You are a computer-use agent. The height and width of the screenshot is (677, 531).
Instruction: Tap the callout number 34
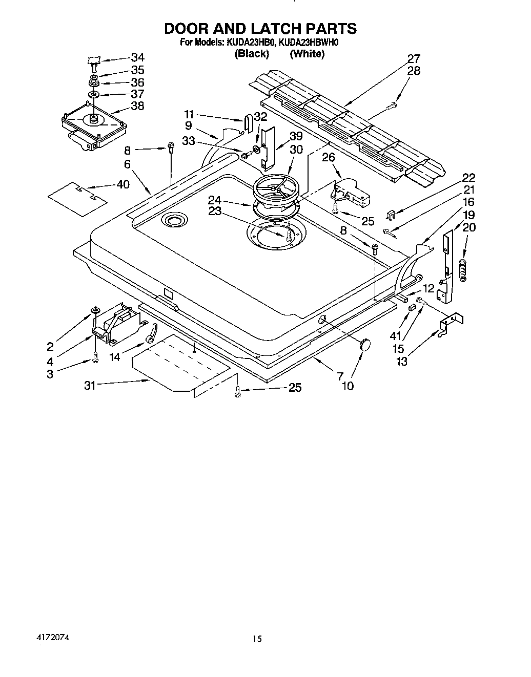click(137, 57)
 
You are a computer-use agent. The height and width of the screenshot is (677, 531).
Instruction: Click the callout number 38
click(137, 106)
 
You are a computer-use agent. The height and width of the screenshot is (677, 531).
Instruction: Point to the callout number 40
click(123, 184)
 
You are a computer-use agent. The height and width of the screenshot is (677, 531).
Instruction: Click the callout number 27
click(414, 58)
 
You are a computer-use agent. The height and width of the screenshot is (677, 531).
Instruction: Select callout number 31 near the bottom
click(90, 386)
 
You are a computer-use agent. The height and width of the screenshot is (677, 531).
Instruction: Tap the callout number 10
click(348, 386)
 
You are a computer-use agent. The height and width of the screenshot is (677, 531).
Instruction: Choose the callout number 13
click(402, 361)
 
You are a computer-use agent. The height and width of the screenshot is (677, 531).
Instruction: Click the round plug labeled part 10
click(365, 344)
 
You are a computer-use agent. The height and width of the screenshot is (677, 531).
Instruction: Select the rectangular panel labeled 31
click(179, 366)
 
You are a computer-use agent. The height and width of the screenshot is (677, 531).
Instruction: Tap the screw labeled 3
click(95, 359)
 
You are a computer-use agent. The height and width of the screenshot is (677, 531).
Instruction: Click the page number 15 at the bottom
click(257, 639)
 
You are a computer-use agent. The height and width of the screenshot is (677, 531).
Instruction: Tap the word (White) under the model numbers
click(307, 54)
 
